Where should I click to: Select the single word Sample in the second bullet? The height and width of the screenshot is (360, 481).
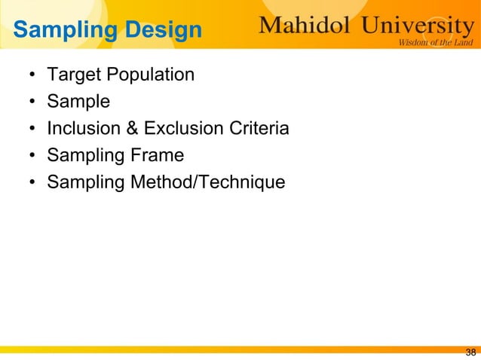point(78,102)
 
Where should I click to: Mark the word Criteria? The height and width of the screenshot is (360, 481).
point(256,129)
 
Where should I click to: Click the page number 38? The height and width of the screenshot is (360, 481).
point(470,352)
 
